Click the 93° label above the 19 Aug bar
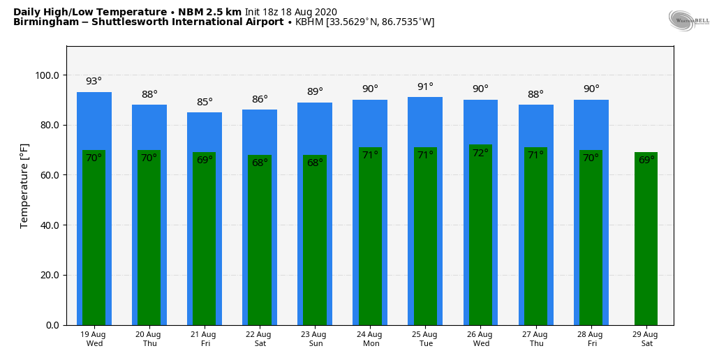click(94, 82)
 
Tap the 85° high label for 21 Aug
click(205, 102)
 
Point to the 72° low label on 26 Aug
click(480, 153)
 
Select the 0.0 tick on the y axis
click(52, 325)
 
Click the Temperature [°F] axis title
click(24, 186)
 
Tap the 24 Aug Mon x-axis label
click(370, 339)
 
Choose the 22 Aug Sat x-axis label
click(260, 339)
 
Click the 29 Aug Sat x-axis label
click(646, 339)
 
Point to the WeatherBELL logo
click(688, 21)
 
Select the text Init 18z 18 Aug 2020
click(290, 12)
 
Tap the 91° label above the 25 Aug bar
click(425, 87)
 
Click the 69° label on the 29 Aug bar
click(646, 160)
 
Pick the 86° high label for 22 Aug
click(260, 99)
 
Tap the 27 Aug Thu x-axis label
click(535, 339)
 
